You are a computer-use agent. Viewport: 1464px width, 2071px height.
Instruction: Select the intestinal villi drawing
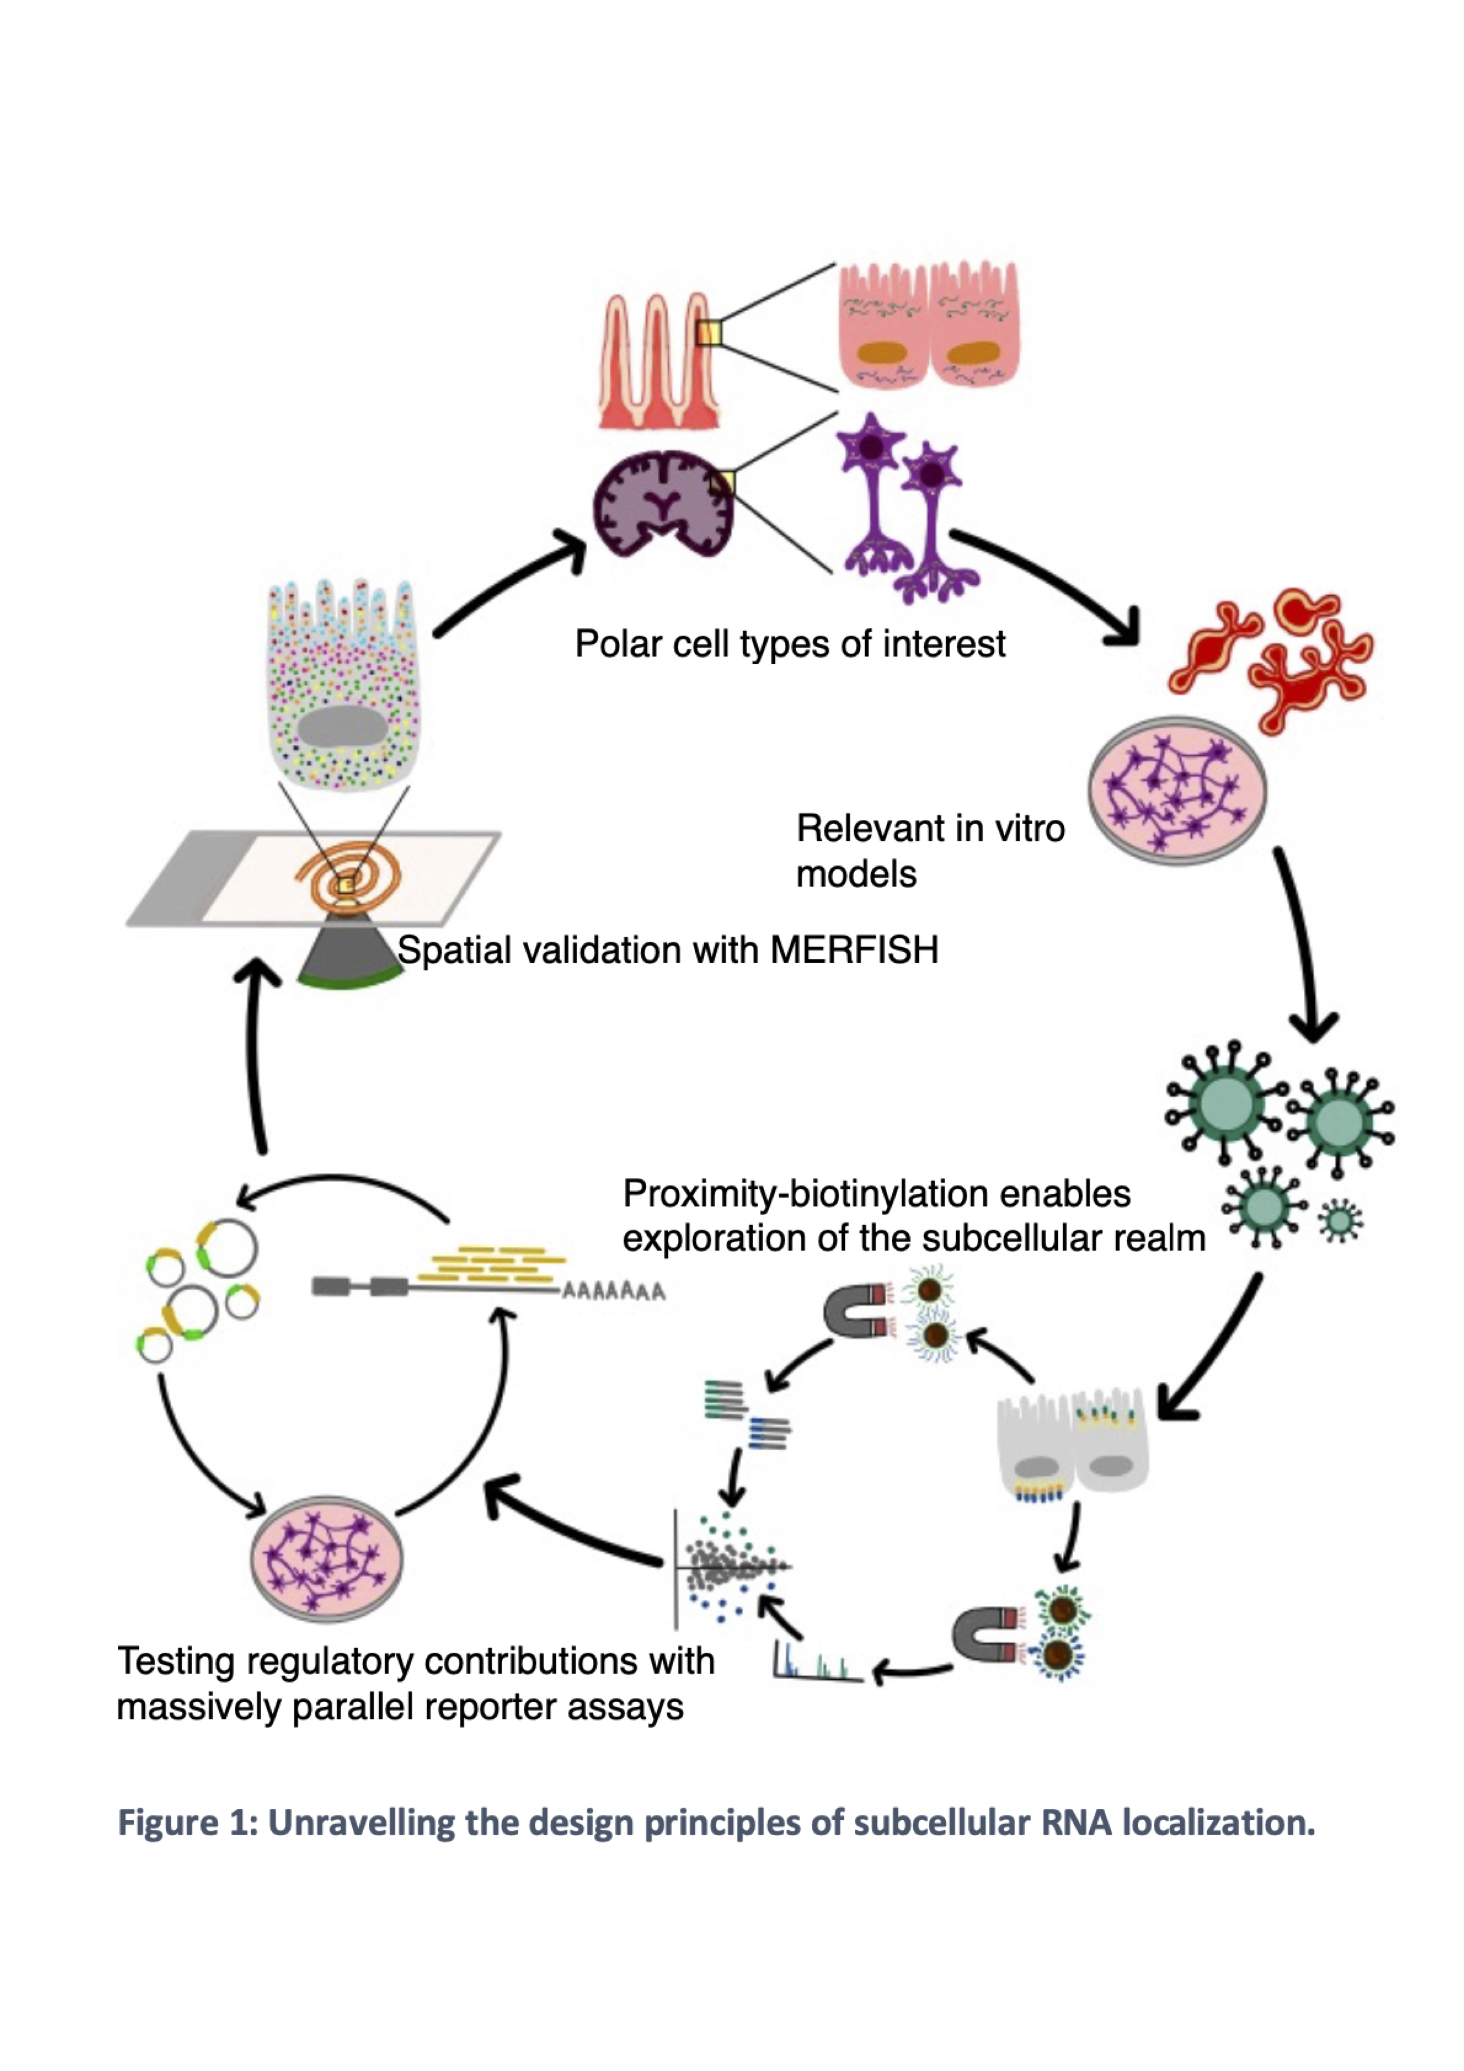(658, 361)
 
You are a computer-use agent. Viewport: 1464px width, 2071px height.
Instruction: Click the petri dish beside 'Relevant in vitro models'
(1176, 791)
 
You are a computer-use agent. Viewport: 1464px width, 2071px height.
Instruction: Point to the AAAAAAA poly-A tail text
(614, 1292)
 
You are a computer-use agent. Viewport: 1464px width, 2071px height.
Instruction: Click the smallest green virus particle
(1341, 1221)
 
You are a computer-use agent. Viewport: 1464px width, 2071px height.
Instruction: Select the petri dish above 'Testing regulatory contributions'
(327, 1559)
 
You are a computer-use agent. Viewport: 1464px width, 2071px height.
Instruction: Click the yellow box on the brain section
(722, 484)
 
